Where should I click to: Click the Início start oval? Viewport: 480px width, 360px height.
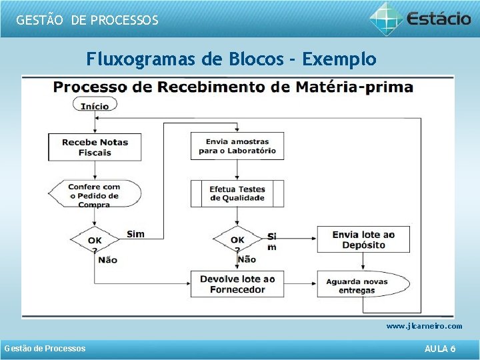(x=95, y=105)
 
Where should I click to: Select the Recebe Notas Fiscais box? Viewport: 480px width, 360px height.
(x=95, y=147)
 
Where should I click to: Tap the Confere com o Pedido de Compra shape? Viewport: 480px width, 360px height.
(x=95, y=195)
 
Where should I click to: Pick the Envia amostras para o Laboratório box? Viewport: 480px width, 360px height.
(x=237, y=146)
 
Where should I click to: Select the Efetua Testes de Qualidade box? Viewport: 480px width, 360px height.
(x=237, y=193)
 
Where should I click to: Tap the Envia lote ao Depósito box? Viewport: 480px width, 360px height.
(x=363, y=239)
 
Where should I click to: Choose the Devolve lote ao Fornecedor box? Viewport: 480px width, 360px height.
(x=237, y=284)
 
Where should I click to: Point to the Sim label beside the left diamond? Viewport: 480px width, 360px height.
(x=135, y=234)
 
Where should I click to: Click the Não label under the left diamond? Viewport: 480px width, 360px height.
(x=107, y=259)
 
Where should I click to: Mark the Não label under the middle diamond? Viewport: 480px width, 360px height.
(x=247, y=259)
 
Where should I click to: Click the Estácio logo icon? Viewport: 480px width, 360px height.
(x=387, y=18)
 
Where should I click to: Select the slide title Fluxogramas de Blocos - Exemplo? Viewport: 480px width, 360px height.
(x=231, y=59)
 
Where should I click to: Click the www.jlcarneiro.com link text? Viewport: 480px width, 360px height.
(x=424, y=326)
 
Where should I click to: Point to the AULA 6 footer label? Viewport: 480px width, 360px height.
(x=440, y=349)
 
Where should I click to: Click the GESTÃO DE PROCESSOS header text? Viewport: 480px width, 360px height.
(x=87, y=20)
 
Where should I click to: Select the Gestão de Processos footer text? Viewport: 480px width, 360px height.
(x=45, y=349)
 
